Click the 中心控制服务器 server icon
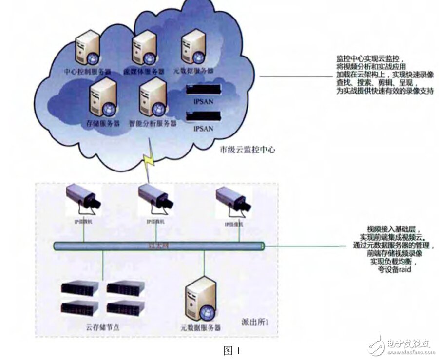click(x=88, y=50)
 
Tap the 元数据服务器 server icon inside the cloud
click(x=192, y=46)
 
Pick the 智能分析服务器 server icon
click(x=152, y=98)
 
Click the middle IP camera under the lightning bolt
click(x=155, y=197)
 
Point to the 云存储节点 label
click(x=100, y=324)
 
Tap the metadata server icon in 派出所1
click(x=200, y=298)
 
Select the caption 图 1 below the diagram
click(x=231, y=350)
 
